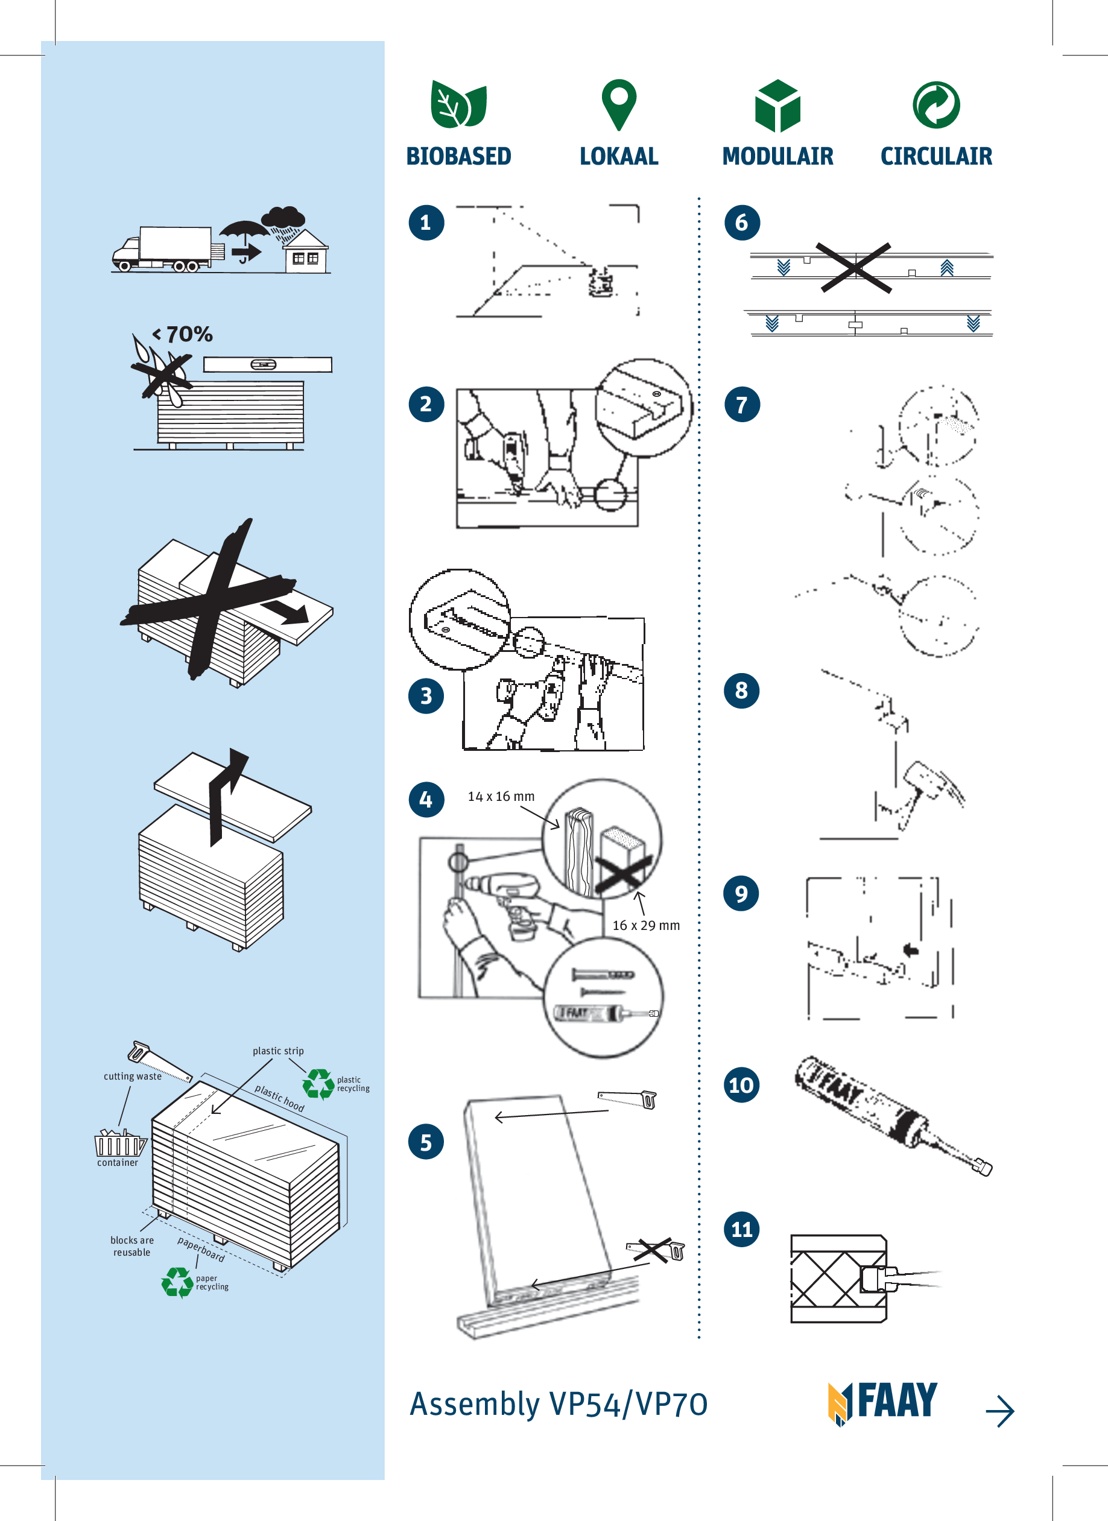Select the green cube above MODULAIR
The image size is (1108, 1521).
[777, 106]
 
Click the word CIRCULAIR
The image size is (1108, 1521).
[935, 156]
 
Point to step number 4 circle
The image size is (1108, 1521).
[426, 799]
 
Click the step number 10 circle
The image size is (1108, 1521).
[741, 1084]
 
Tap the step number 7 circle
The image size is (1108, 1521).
[742, 405]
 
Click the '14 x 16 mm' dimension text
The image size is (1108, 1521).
[501, 796]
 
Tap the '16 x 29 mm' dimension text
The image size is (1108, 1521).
[646, 926]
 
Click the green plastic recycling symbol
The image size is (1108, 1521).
[318, 1084]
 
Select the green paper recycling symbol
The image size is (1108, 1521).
[177, 1282]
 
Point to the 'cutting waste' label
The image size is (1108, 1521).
[132, 1077]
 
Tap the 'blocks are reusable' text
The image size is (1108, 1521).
[132, 1246]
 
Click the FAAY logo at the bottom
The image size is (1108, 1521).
[882, 1402]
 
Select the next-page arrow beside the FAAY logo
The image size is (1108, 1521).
[999, 1411]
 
